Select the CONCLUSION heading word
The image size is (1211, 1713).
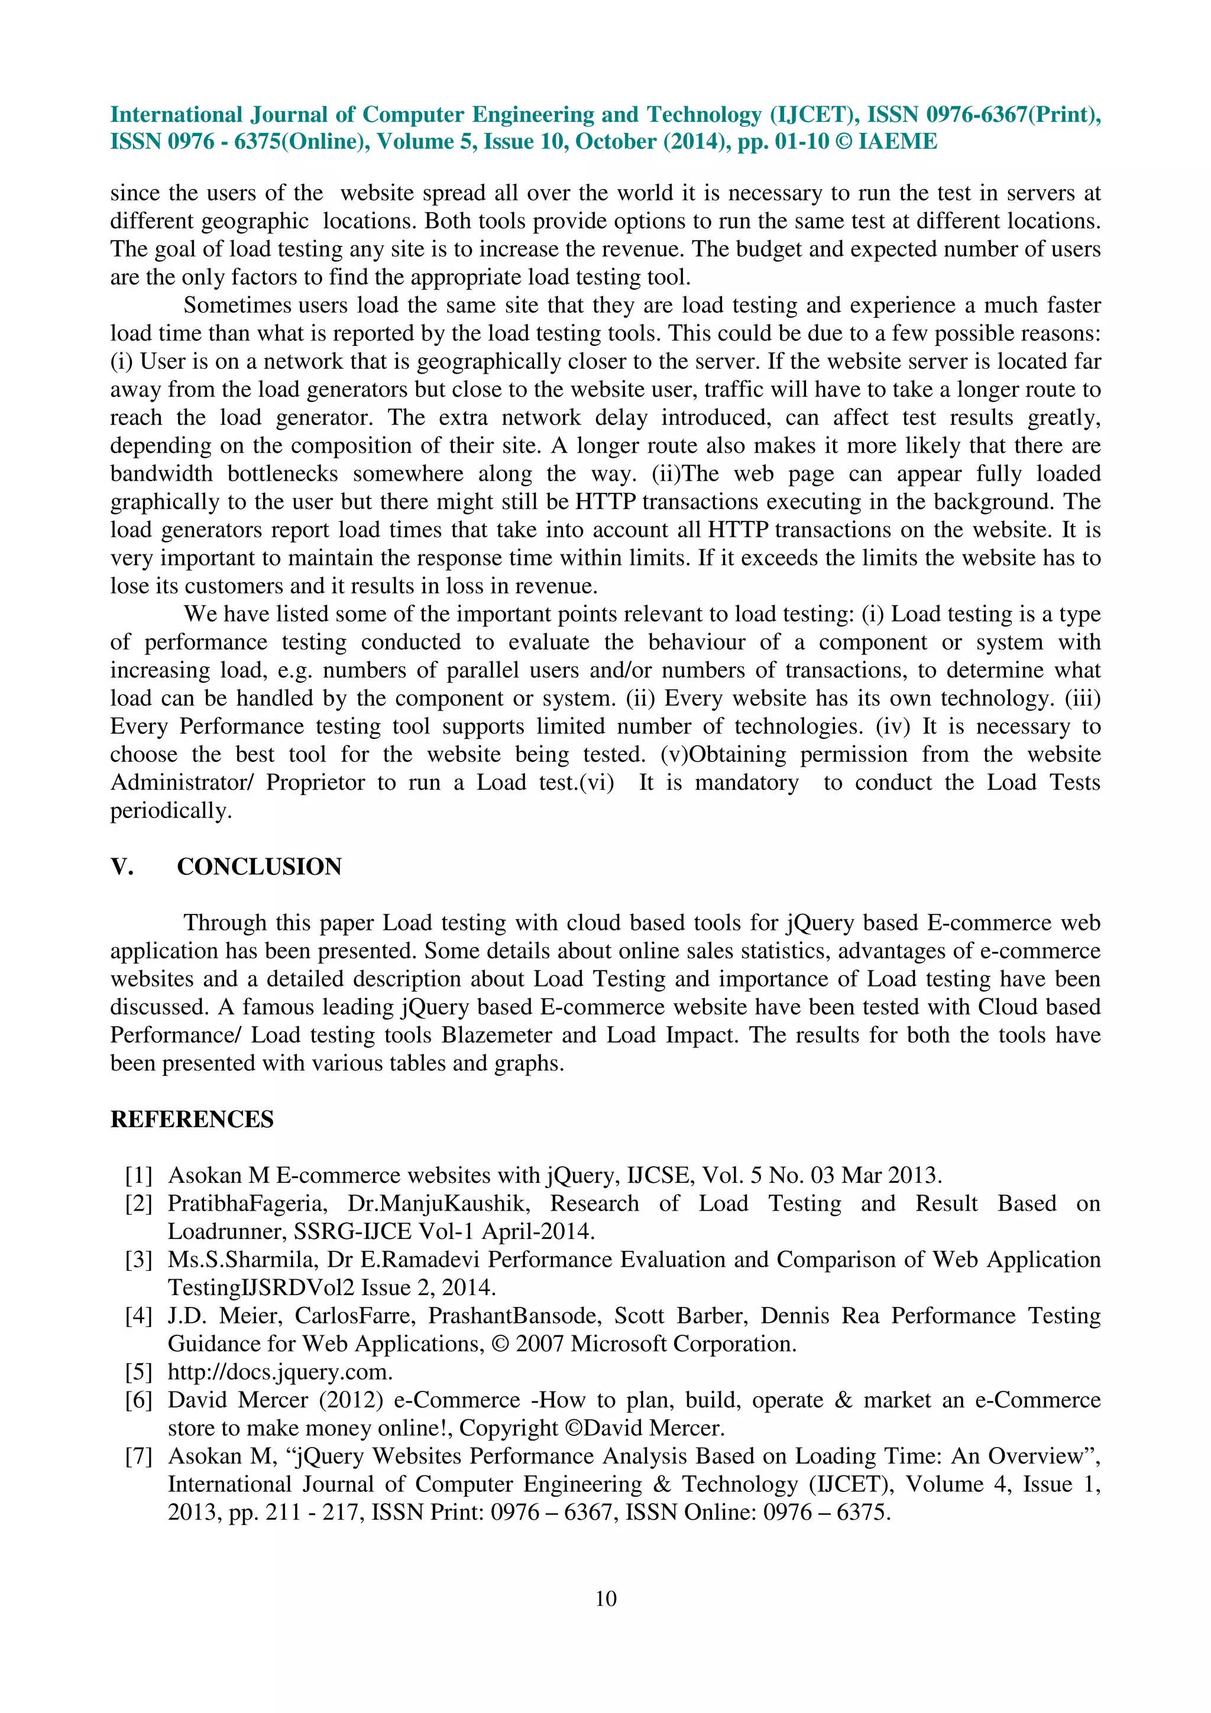[259, 867]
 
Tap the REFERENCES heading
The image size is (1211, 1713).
[192, 1119]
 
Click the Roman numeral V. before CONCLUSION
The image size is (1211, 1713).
[122, 867]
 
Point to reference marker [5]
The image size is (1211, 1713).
[139, 1371]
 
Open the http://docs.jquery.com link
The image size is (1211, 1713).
[280, 1372]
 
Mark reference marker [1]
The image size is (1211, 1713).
[139, 1175]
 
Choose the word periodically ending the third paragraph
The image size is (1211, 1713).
[171, 811]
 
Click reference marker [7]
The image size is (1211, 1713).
[139, 1456]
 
